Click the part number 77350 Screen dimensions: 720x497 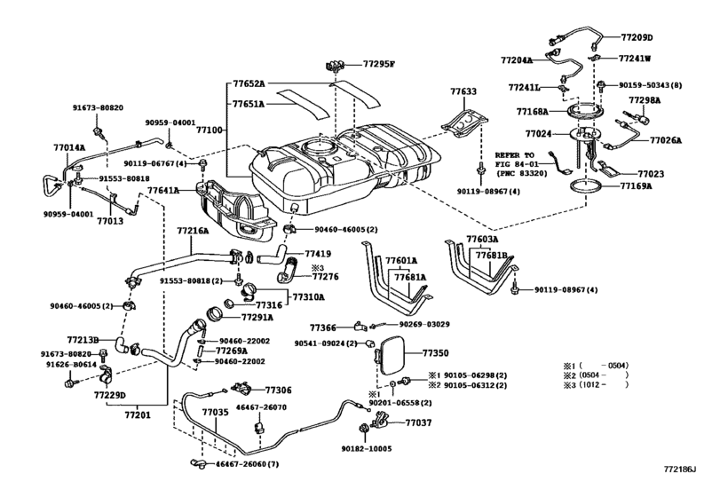click(435, 353)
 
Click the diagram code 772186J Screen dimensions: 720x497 click(679, 469)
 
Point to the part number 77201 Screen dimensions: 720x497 click(138, 414)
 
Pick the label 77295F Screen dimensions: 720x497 click(379, 64)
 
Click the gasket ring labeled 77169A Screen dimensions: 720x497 click(586, 185)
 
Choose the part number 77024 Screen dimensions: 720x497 click(538, 134)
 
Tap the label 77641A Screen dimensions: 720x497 click(163, 190)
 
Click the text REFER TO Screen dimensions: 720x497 click(514, 155)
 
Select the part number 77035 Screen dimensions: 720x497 click(216, 412)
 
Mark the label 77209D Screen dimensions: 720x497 click(637, 37)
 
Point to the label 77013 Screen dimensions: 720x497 click(110, 221)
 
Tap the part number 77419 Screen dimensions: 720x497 click(318, 254)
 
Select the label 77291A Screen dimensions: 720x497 click(257, 317)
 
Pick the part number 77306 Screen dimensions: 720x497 click(278, 390)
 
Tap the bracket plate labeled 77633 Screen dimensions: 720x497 click(463, 122)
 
